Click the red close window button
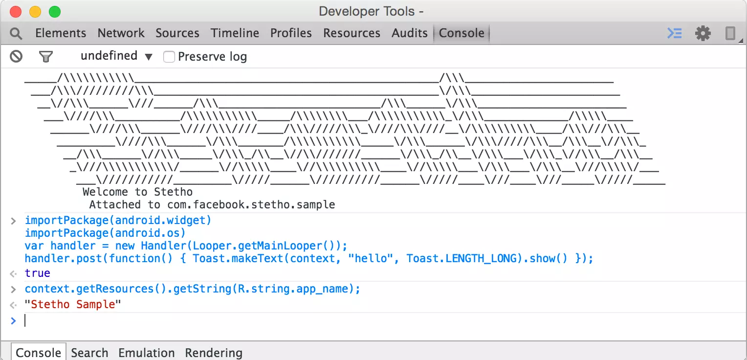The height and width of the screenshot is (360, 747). (x=16, y=12)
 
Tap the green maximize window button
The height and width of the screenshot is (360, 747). (x=55, y=12)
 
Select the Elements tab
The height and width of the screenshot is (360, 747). (x=61, y=33)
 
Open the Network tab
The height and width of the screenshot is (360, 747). (x=121, y=33)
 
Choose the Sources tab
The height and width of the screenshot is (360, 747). (x=177, y=33)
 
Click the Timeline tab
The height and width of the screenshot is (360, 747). (x=235, y=33)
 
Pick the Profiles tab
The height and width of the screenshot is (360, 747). (x=291, y=33)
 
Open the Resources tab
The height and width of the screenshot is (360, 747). (x=352, y=33)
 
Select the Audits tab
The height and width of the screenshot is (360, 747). (x=410, y=33)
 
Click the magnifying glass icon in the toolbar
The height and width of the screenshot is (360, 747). (x=16, y=34)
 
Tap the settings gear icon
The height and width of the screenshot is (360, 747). (x=703, y=33)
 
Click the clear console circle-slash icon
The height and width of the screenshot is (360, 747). (x=16, y=56)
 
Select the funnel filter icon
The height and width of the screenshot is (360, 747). (x=46, y=57)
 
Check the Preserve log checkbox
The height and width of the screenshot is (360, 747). (x=169, y=57)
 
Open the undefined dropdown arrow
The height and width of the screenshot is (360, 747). (x=149, y=57)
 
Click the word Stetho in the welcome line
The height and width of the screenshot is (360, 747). (x=174, y=192)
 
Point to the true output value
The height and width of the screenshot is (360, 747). (x=37, y=273)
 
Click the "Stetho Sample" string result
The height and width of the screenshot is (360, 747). (x=73, y=304)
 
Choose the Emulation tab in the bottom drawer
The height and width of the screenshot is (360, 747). (x=147, y=353)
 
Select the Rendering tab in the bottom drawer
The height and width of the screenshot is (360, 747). (x=214, y=353)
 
